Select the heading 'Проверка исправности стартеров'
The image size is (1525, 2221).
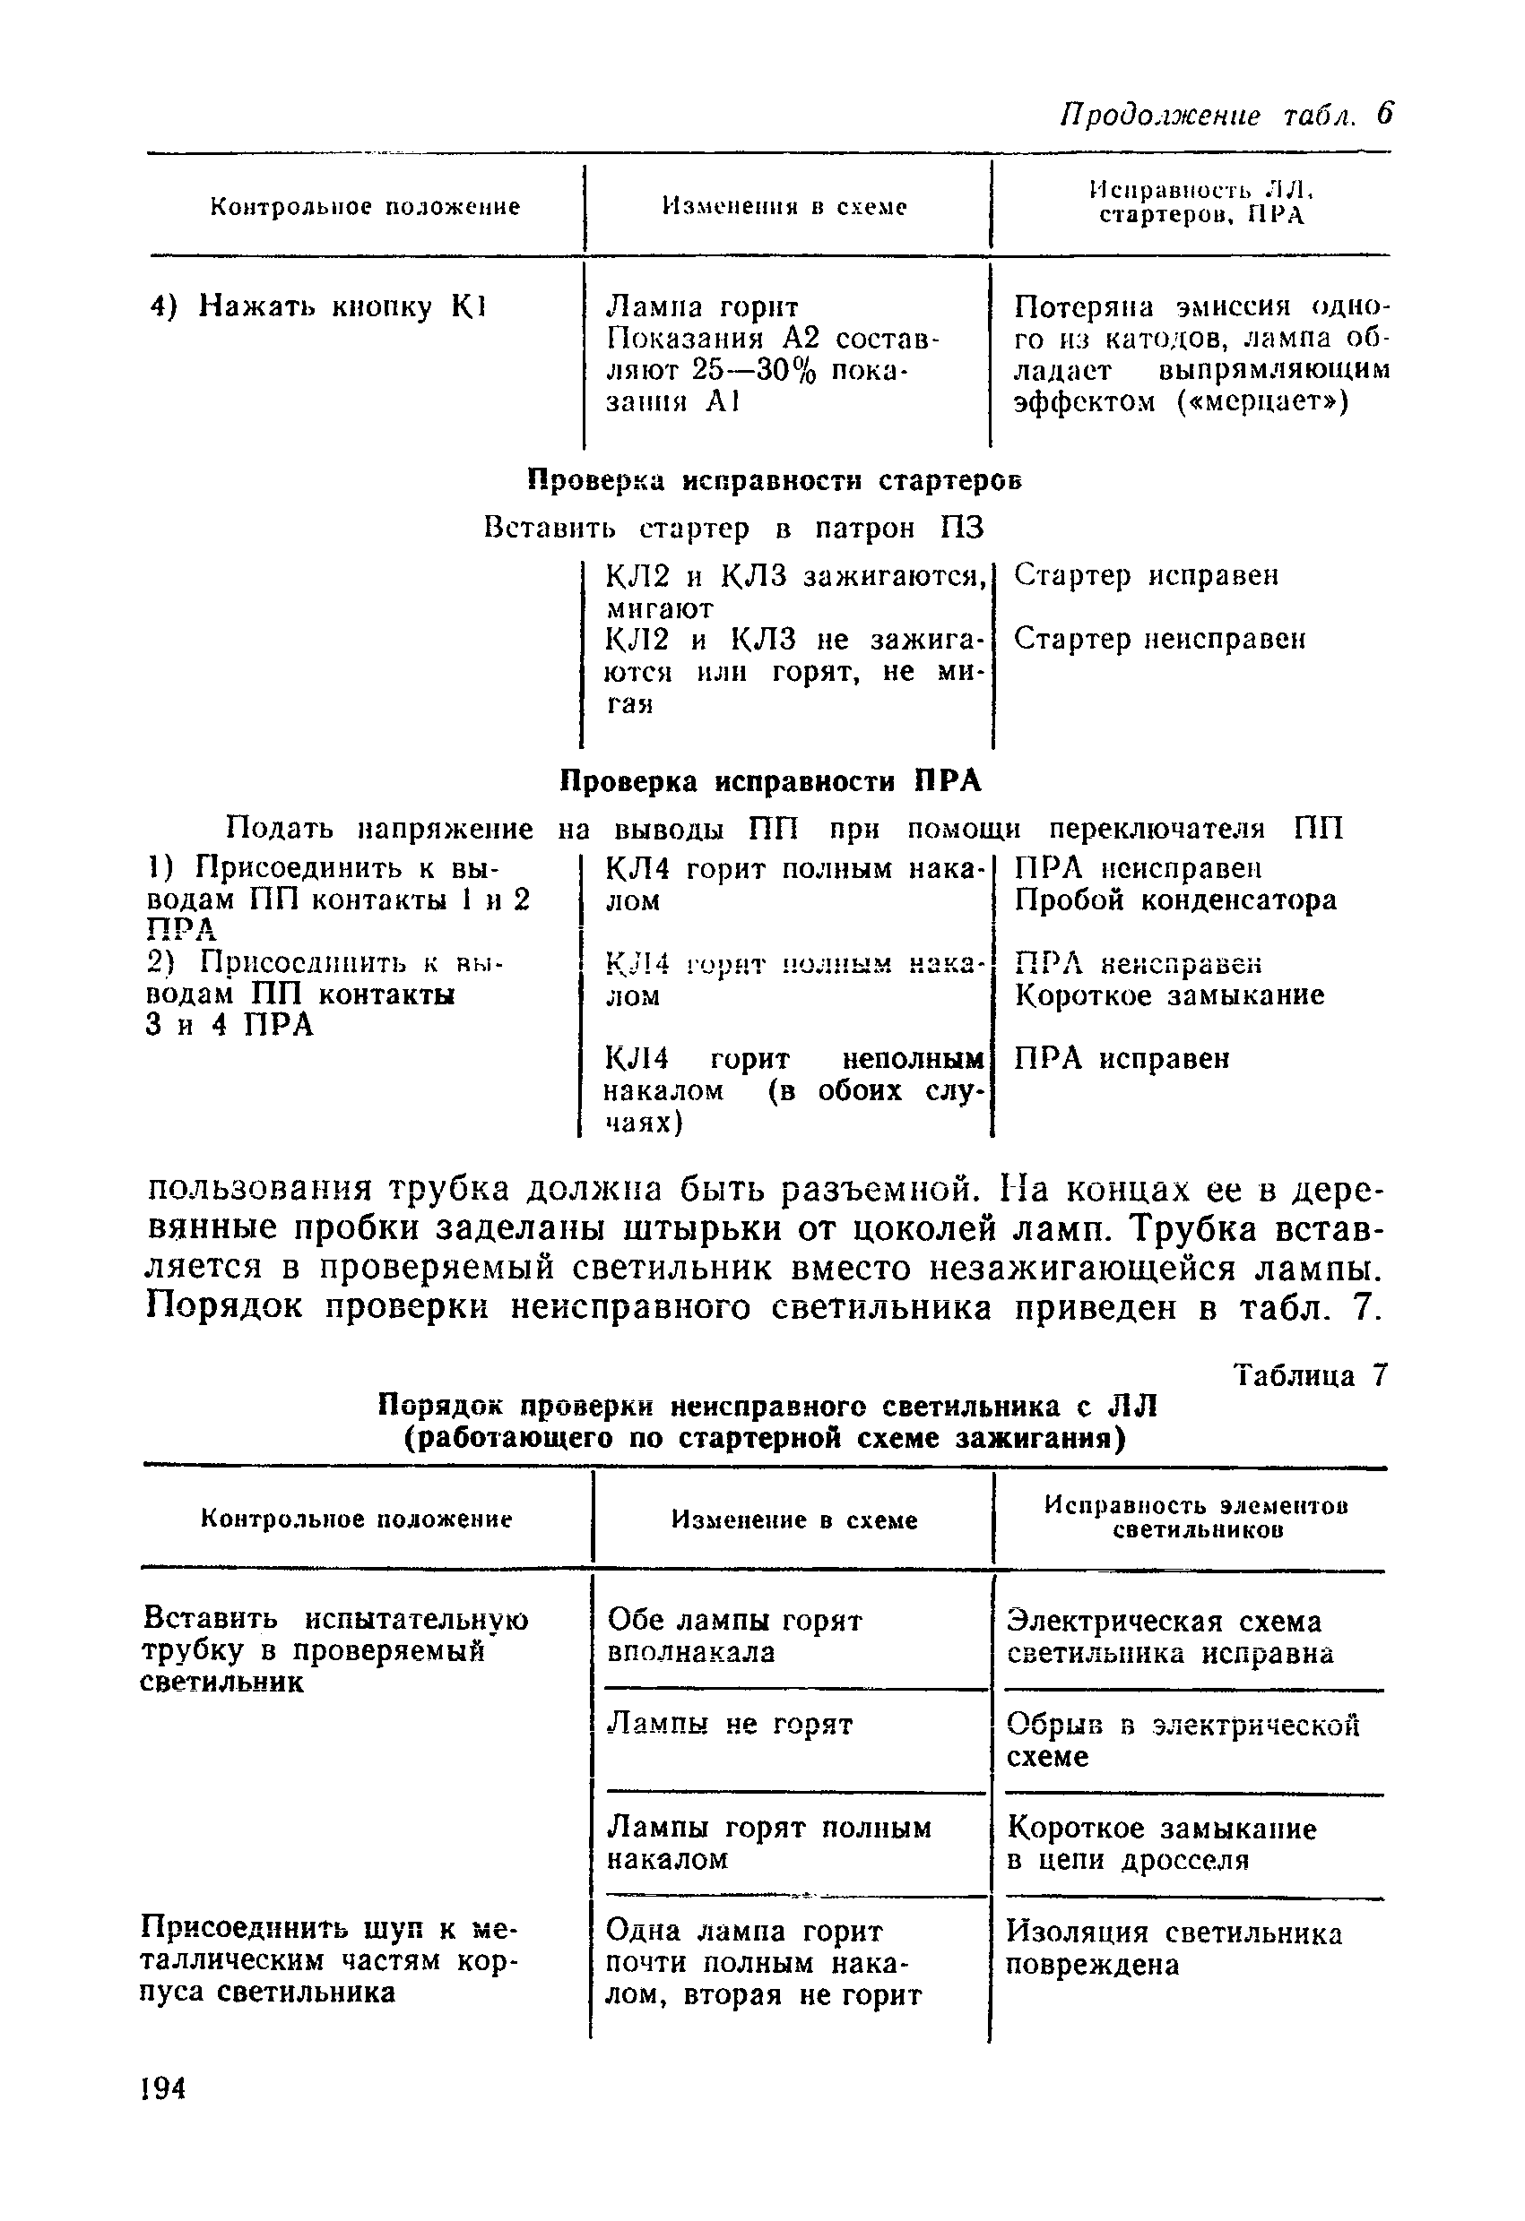775,481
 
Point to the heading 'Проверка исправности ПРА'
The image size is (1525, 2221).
769,782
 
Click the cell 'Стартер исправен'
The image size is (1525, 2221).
1146,575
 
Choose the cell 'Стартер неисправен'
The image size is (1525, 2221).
1159,639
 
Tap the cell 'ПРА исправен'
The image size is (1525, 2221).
1122,1058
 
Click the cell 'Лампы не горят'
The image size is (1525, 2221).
731,1725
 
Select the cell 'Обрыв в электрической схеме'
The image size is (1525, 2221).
1183,1740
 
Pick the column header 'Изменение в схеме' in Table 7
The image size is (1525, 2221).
793,1520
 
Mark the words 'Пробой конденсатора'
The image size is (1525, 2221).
1175,900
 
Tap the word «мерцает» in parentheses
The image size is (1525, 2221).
1261,402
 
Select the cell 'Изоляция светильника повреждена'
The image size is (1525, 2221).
1174,1949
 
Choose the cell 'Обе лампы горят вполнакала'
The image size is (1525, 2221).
734,1636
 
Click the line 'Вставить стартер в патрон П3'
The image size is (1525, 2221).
733,529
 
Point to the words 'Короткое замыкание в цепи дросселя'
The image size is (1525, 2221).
1162,1845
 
